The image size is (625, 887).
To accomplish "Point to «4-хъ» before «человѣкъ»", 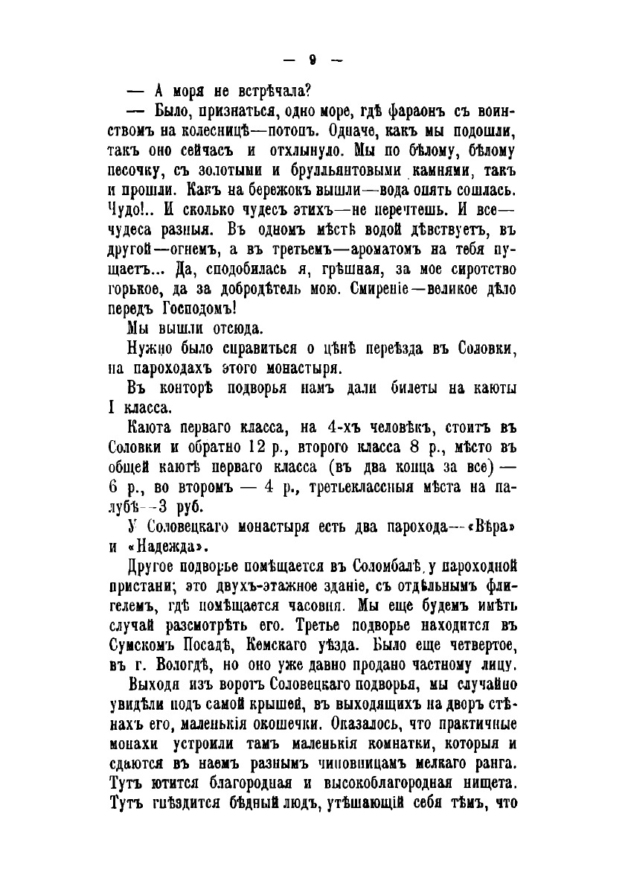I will (343, 430).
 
